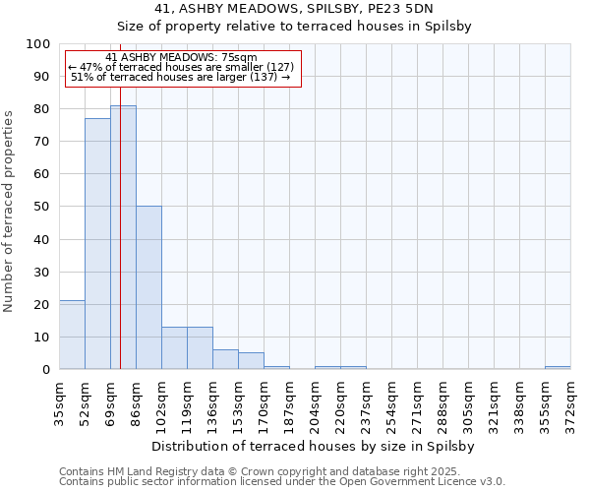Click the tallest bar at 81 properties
point(123,236)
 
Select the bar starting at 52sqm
point(97,243)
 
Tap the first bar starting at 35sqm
point(72,335)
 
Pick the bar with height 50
point(148,287)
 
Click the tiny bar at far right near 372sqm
point(558,367)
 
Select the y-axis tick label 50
point(41,207)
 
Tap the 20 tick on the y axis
point(41,304)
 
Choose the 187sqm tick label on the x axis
point(290,403)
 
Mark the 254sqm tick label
point(392,403)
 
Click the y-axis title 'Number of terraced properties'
point(9,211)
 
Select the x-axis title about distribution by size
point(315,446)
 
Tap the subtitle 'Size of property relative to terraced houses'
point(294,28)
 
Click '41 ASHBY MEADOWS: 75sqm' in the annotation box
point(180,58)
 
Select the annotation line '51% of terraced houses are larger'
point(181,78)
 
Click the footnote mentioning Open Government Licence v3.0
point(281,482)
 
